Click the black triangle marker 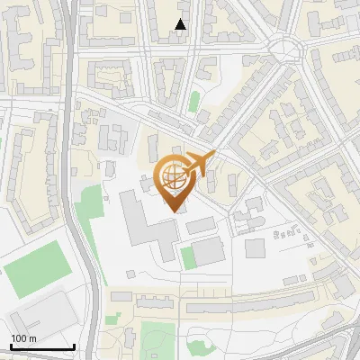(x=181, y=25)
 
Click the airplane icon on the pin (x=201, y=163)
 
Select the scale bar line (x=41, y=346)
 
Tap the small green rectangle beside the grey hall (x=188, y=256)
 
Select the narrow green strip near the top (x=194, y=101)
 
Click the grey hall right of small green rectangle (x=209, y=252)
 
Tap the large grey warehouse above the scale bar (x=40, y=311)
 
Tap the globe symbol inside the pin (x=174, y=176)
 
